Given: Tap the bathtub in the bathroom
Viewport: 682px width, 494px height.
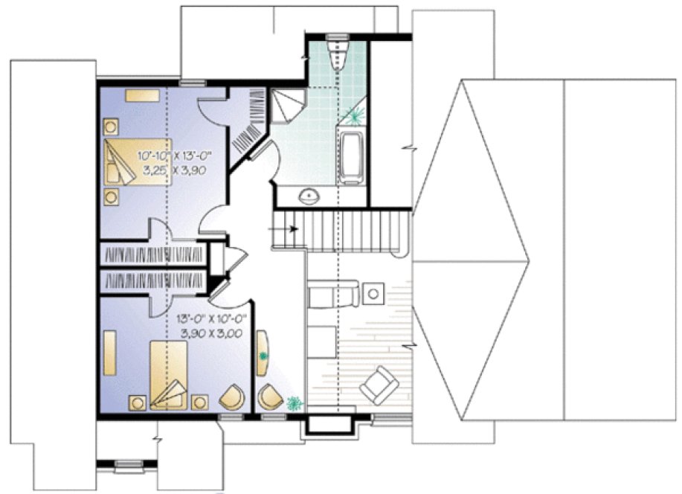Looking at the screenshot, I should (350, 156).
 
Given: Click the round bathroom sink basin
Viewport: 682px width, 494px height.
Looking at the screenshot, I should (309, 196).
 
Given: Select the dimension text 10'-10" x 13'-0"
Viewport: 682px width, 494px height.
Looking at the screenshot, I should (175, 156).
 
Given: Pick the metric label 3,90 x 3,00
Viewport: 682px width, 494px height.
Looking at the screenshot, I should (211, 333).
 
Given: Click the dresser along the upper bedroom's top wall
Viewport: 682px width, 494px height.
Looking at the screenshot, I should (141, 95).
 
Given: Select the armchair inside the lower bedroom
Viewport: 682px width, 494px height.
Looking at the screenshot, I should (234, 397).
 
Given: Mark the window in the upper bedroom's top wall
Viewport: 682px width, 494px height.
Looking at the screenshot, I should (191, 81).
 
